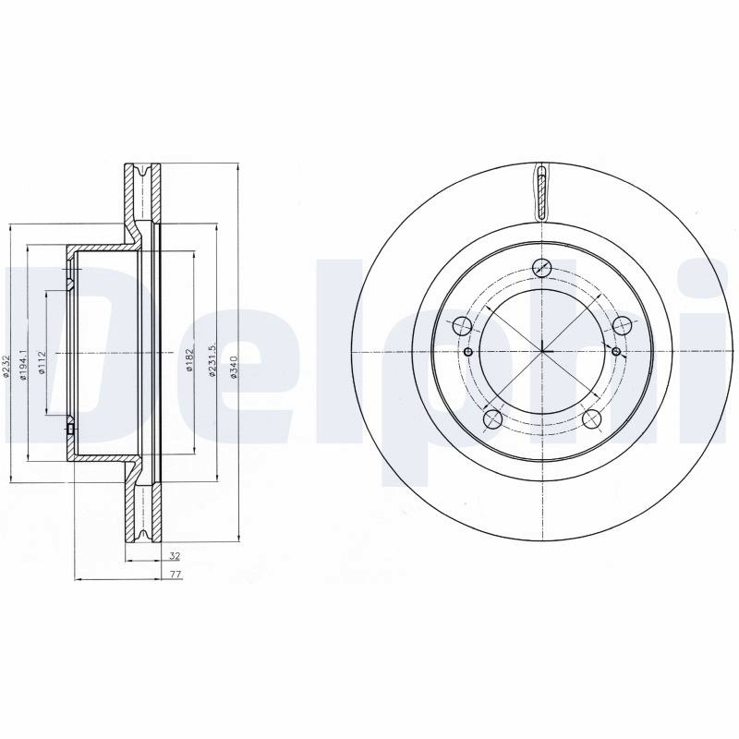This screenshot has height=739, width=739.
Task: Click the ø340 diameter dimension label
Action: (x=235, y=366)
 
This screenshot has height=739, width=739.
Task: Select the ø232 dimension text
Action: (x=6, y=366)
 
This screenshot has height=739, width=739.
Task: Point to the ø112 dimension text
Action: (x=42, y=363)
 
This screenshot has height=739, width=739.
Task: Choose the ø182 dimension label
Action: (x=189, y=359)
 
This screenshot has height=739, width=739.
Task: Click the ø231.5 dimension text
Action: (x=212, y=359)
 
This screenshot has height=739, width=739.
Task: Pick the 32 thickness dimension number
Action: (x=175, y=556)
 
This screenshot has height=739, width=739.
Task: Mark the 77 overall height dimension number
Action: (x=176, y=575)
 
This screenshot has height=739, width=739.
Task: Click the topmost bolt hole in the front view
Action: (x=542, y=268)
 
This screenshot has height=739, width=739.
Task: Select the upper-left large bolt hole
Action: (x=462, y=326)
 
